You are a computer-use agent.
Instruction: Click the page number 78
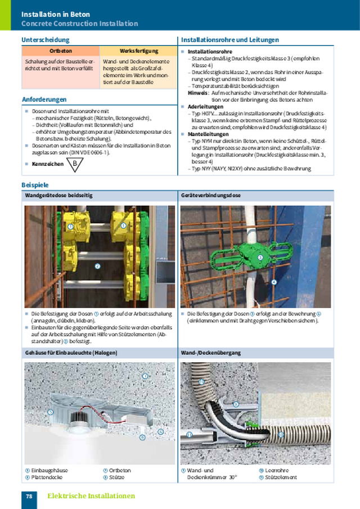tap(29, 496)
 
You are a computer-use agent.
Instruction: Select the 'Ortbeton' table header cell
tap(61, 51)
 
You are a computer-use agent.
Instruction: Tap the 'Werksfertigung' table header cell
tap(138, 51)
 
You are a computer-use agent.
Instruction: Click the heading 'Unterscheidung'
tap(46, 40)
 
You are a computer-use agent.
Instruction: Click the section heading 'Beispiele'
tap(35, 184)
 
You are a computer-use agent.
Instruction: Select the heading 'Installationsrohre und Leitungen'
tap(229, 40)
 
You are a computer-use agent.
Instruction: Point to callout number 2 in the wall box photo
tap(97, 266)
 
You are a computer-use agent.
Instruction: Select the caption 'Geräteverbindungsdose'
tap(211, 196)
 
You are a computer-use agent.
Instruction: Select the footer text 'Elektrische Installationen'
tap(91, 496)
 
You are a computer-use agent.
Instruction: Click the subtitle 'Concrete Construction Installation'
tap(79, 24)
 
